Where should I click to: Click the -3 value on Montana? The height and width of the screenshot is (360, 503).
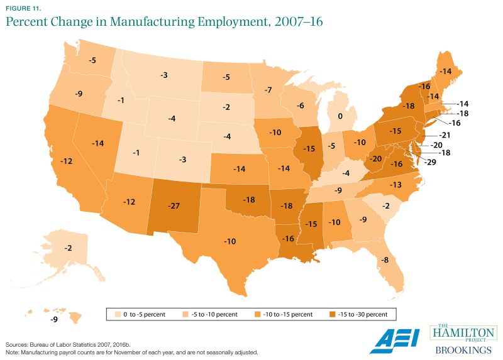pyautogui.click(x=163, y=75)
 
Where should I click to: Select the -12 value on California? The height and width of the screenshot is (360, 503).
pyautogui.click(x=65, y=161)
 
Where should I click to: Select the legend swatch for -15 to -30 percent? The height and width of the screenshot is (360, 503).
pyautogui.click(x=331, y=312)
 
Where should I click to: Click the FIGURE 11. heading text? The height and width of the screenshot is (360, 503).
pyautogui.click(x=23, y=8)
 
